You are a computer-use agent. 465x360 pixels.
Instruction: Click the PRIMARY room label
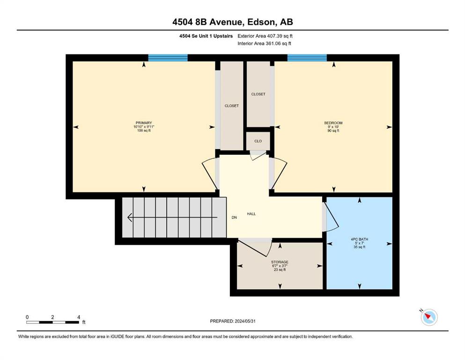[144, 123]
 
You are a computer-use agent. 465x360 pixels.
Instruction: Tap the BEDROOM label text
[333, 123]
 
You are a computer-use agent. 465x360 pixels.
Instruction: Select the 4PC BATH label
[360, 239]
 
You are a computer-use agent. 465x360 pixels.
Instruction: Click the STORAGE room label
[280, 262]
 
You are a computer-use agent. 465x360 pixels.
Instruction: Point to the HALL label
[251, 214]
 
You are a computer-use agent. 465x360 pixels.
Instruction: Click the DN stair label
[234, 217]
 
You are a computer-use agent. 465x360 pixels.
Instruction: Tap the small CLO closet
[258, 141]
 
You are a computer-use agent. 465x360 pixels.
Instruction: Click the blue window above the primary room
[168, 58]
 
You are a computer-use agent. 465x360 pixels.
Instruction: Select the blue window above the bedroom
[307, 58]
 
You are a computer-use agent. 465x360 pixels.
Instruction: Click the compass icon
[429, 317]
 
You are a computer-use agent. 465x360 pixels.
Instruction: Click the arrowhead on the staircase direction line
[130, 217]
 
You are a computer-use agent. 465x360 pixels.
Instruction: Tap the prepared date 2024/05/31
[245, 321]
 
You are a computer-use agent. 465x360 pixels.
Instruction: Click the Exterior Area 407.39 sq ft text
[265, 36]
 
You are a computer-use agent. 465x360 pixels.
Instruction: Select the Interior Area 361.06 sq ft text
[264, 43]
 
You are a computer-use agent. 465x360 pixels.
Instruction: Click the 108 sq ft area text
[144, 130]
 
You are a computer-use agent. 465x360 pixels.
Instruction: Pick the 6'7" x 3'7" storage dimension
[280, 266]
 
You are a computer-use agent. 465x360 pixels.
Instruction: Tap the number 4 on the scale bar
[79, 317]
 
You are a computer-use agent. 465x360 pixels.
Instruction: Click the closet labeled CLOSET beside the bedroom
[258, 94]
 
